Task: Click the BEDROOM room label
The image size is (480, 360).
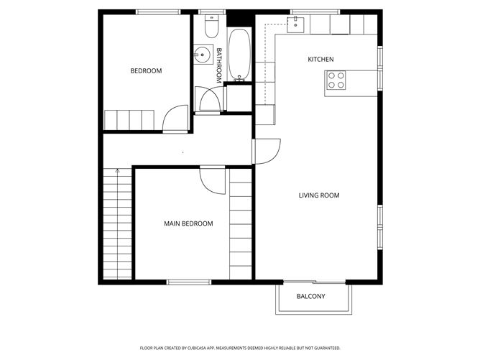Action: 146,71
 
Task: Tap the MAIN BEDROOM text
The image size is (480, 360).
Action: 188,223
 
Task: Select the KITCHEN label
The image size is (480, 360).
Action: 320,59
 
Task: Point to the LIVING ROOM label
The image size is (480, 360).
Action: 319,195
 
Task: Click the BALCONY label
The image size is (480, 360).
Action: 311,296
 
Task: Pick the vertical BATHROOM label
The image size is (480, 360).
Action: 219,64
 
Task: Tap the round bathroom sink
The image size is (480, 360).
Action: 203,53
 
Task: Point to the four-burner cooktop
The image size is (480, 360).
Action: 337,80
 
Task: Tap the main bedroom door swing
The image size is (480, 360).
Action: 213,180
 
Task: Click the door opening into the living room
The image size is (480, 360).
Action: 266,151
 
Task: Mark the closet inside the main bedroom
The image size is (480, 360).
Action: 241,223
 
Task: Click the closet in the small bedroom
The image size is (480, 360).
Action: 129,119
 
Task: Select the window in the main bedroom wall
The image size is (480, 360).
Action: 188,282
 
